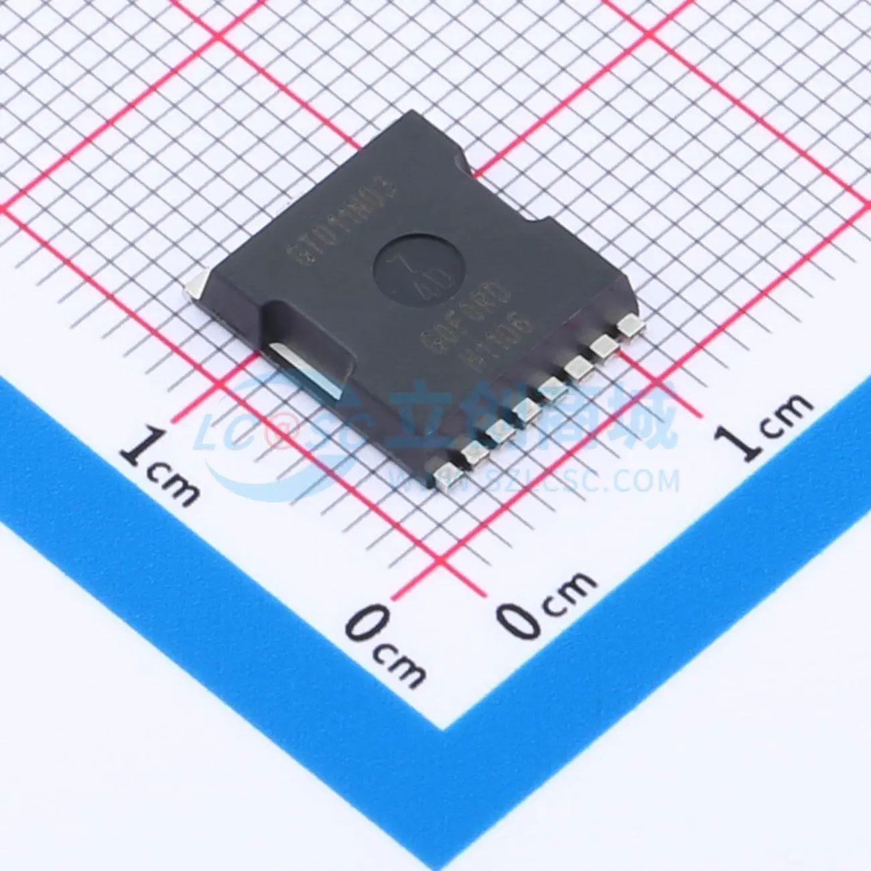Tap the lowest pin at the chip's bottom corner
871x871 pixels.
point(447,475)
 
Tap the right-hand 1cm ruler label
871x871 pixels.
point(762,422)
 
